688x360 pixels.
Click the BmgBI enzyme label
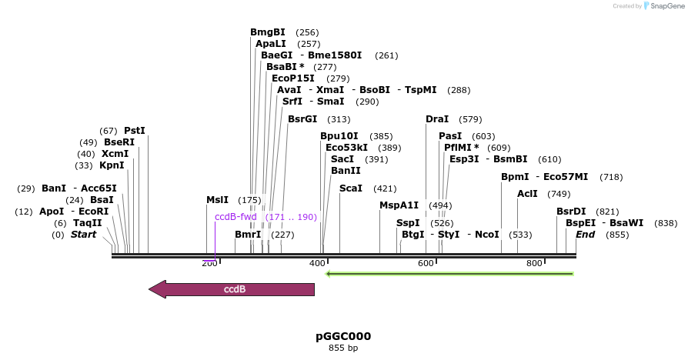click(268, 32)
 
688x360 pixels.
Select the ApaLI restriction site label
click(271, 44)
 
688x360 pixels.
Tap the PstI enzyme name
click(135, 131)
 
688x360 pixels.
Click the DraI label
click(437, 119)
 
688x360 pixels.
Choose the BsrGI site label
click(302, 119)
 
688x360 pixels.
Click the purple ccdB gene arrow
click(232, 289)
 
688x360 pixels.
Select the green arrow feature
click(449, 273)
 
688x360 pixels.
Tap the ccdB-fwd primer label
click(235, 217)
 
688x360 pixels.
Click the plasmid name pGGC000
click(343, 336)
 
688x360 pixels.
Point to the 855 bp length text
click(343, 348)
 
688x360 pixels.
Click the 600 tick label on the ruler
click(426, 264)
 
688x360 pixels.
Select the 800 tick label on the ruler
click(534, 264)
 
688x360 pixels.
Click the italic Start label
click(84, 235)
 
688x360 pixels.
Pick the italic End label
click(586, 235)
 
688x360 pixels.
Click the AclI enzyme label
click(527, 194)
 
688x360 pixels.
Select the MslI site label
click(218, 200)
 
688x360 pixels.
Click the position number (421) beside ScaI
click(385, 188)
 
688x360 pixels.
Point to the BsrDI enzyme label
click(571, 212)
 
